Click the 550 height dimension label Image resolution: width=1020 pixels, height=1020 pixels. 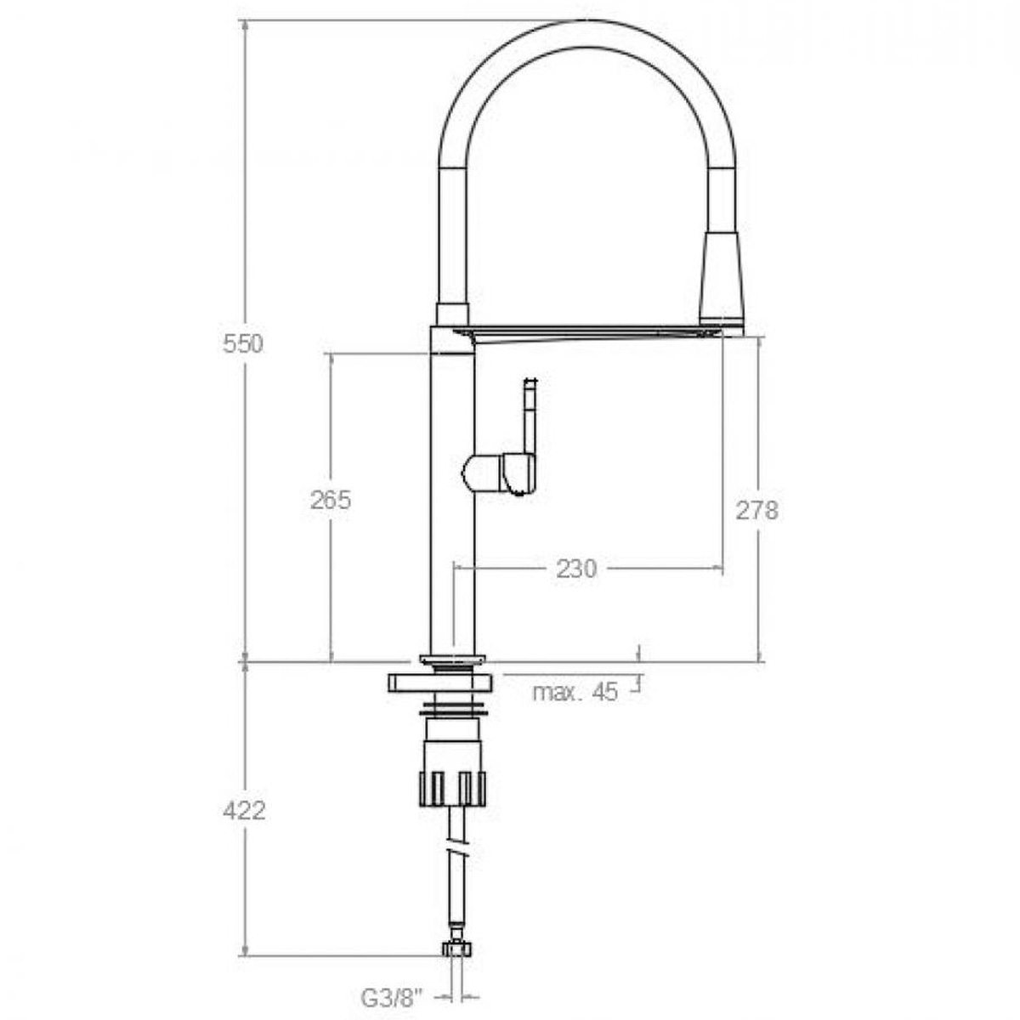coord(243,344)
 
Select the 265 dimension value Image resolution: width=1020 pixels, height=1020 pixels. coord(330,501)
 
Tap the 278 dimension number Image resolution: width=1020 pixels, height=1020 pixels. coord(756,510)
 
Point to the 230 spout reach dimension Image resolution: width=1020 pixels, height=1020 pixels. coord(576,569)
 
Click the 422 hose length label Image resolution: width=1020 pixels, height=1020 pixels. coord(244,810)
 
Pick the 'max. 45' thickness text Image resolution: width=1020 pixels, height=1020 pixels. coord(575,692)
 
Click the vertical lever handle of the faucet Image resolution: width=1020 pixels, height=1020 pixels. coord(530,416)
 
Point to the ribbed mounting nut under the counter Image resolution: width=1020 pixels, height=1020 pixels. coord(452,786)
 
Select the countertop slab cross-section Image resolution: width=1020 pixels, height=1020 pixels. coord(440,683)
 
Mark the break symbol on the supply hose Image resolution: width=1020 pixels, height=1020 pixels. coord(457,850)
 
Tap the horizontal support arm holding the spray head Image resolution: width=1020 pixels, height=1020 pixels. coord(586,331)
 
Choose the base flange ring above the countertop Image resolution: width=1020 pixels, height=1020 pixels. coord(452,659)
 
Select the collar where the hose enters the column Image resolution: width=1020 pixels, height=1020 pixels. coord(452,314)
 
